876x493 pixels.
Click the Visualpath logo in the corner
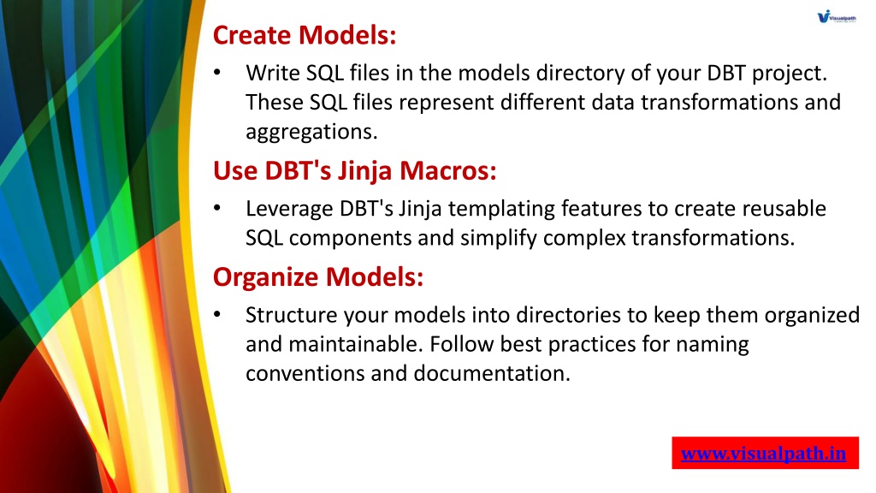pos(837,17)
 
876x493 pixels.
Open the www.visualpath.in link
pos(763,453)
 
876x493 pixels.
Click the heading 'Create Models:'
pos(305,34)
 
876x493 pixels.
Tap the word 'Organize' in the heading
pos(266,277)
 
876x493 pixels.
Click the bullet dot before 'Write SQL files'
pos(217,73)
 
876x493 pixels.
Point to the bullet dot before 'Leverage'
pos(217,209)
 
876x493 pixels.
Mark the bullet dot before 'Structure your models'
pos(217,315)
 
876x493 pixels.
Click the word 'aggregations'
pos(311,132)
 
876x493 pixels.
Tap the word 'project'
pos(789,74)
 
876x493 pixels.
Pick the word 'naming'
pos(713,345)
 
